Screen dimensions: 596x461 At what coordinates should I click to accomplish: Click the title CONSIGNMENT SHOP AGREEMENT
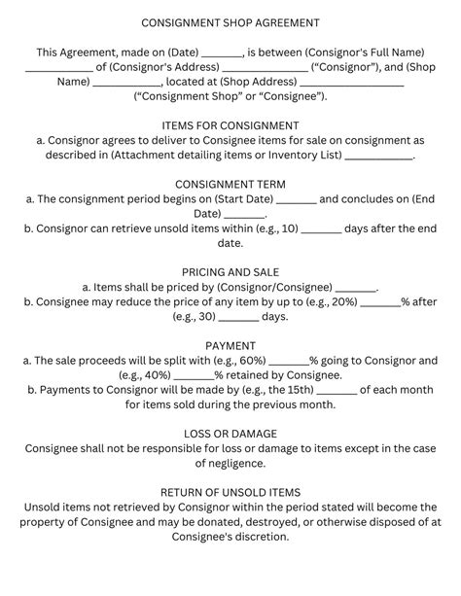[x=230, y=21]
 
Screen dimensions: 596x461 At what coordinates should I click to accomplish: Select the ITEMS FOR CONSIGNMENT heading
[x=230, y=125]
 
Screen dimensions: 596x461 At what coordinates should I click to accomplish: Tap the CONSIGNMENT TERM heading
[x=230, y=183]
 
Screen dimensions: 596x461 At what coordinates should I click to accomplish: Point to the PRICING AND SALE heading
[x=230, y=272]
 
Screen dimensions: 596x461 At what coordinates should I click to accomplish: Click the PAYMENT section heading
[x=230, y=345]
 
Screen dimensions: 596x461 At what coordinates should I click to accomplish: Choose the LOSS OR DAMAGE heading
[x=230, y=433]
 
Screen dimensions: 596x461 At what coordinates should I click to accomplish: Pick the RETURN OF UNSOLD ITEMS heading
[x=230, y=492]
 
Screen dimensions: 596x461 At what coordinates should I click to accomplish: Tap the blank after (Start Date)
[x=296, y=200]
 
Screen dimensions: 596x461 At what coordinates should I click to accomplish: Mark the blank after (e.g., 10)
[x=321, y=230]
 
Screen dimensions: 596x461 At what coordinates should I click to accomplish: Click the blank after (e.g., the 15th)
[x=337, y=392]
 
